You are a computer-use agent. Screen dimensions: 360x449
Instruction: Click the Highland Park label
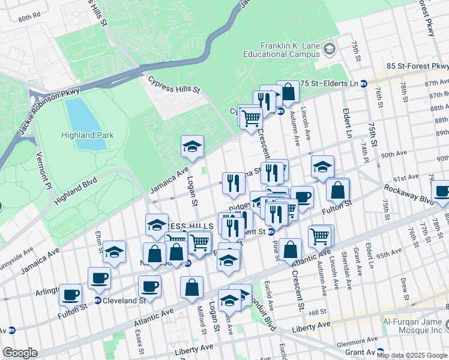[x=87, y=135]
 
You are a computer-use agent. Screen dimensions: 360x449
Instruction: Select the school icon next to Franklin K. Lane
[x=329, y=48]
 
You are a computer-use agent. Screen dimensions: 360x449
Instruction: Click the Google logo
[x=20, y=353]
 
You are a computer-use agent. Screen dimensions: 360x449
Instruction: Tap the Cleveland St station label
[x=124, y=300]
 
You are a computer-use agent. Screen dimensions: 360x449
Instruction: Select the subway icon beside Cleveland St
[x=97, y=300]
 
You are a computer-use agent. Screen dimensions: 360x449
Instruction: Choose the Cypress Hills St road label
[x=173, y=85]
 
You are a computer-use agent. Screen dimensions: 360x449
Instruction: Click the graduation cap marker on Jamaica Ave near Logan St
[x=192, y=146]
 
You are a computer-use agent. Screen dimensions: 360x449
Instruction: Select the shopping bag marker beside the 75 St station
[x=288, y=92]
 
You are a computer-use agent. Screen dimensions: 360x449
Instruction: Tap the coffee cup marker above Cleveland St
[x=99, y=278]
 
